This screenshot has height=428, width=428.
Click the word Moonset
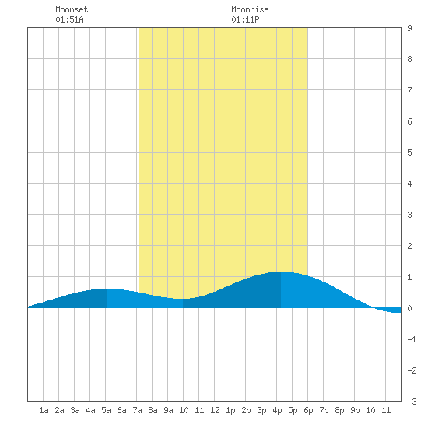(x=72, y=9)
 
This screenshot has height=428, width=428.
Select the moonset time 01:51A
(x=69, y=19)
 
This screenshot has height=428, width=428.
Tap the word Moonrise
(x=250, y=9)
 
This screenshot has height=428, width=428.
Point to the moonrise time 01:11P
(x=245, y=19)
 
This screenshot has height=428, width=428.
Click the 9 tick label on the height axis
(x=409, y=28)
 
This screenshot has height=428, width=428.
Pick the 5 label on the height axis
(x=409, y=153)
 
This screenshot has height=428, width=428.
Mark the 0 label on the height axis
(x=409, y=308)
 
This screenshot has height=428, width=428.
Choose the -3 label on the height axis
(x=412, y=402)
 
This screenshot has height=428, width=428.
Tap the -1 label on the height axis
(x=412, y=339)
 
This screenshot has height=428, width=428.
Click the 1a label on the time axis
(x=44, y=410)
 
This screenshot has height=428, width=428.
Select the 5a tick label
(x=106, y=410)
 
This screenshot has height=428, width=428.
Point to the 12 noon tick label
(x=215, y=410)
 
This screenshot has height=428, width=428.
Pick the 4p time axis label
(x=277, y=410)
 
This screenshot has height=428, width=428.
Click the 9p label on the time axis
(x=355, y=410)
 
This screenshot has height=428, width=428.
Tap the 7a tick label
(x=137, y=410)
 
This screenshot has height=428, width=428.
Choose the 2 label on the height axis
(x=409, y=246)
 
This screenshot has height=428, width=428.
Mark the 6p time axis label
(x=308, y=410)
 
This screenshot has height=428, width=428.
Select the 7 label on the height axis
(x=409, y=90)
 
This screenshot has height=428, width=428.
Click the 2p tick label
(x=246, y=410)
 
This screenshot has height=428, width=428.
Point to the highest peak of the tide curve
(x=281, y=272)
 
